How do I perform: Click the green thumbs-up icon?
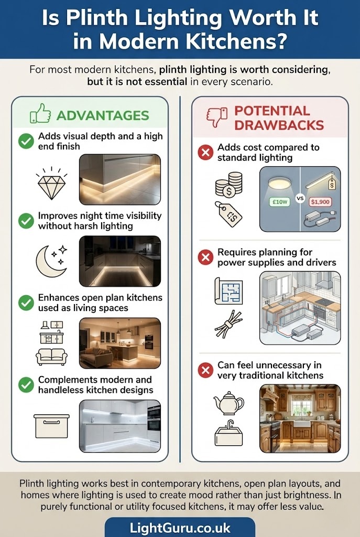pyautogui.click(x=40, y=114)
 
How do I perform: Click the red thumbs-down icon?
pyautogui.click(x=217, y=117)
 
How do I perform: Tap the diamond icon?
pyautogui.click(x=52, y=183)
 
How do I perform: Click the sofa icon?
pyautogui.click(x=51, y=357)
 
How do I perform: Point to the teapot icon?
pyautogui.click(x=228, y=403)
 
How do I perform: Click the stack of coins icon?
pyautogui.click(x=228, y=185)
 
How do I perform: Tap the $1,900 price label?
pyautogui.click(x=320, y=202)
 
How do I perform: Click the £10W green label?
pyautogui.click(x=280, y=202)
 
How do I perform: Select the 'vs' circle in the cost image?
pyautogui.click(x=300, y=198)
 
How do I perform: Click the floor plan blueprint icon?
pyautogui.click(x=228, y=291)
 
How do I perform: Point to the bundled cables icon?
pyautogui.click(x=228, y=324)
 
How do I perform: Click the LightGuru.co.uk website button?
pyautogui.click(x=180, y=528)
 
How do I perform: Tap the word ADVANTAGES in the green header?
pyautogui.click(x=103, y=115)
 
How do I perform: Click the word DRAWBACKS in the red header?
pyautogui.click(x=279, y=125)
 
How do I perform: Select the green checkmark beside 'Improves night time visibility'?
pyautogui.click(x=26, y=221)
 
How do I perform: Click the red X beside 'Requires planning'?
pyautogui.click(x=205, y=257)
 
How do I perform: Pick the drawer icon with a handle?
pyautogui.click(x=51, y=426)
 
